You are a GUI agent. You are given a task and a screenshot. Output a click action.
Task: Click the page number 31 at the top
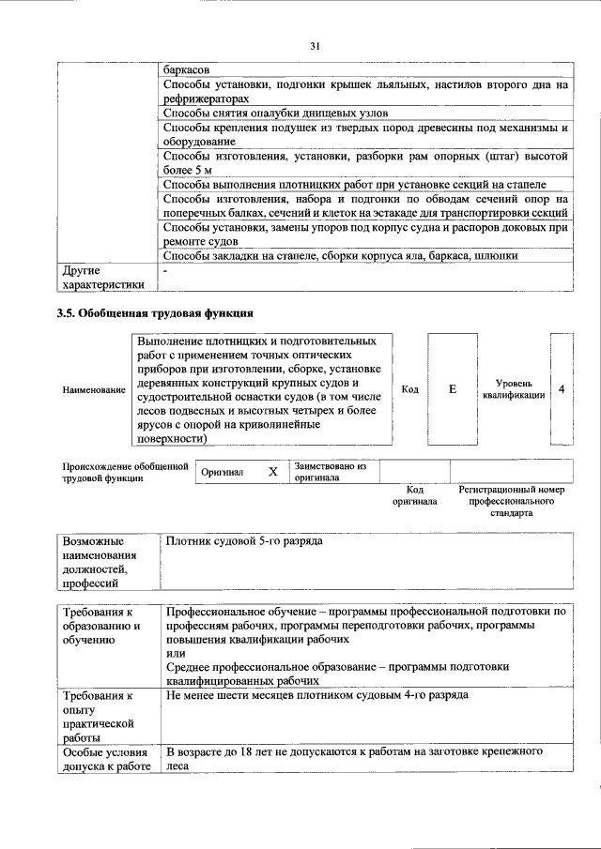pos(316,45)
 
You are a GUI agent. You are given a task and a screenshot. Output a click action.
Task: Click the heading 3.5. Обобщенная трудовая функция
pos(154,312)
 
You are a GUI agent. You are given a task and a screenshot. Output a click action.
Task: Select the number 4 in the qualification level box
pos(562,388)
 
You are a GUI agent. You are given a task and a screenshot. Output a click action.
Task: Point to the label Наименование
pos(93,389)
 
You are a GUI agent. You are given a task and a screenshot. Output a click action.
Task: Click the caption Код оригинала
pos(415,495)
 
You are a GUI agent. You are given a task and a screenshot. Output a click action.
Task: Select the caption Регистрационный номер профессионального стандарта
pos(511,501)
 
